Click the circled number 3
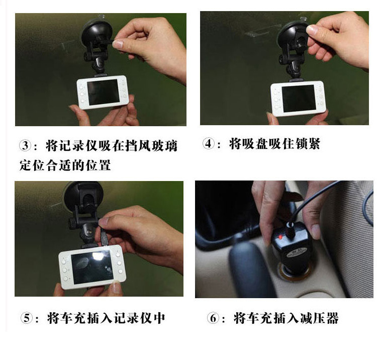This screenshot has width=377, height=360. pos(25,145)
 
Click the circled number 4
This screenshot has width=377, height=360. pos(209,143)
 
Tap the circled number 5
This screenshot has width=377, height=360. pos(27,318)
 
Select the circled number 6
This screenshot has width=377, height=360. pos(213,318)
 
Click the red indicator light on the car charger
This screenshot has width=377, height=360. pos(280,237)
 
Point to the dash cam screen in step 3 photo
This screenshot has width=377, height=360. pos(104,92)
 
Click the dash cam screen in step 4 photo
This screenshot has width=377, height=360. pos(299,99)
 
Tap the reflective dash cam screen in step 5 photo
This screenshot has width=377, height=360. pos(92,267)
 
